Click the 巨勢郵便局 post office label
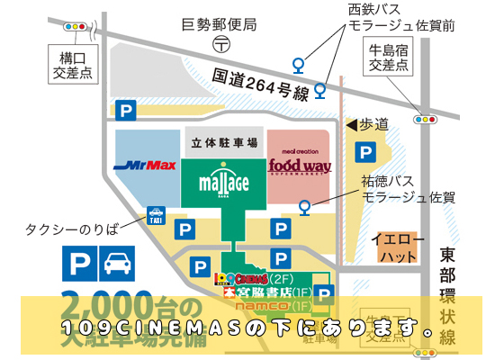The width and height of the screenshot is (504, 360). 220,23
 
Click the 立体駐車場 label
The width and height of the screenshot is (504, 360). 226,143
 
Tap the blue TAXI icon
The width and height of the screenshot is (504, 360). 155,216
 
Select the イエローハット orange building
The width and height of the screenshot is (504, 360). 394,248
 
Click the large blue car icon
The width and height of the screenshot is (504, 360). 115,265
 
